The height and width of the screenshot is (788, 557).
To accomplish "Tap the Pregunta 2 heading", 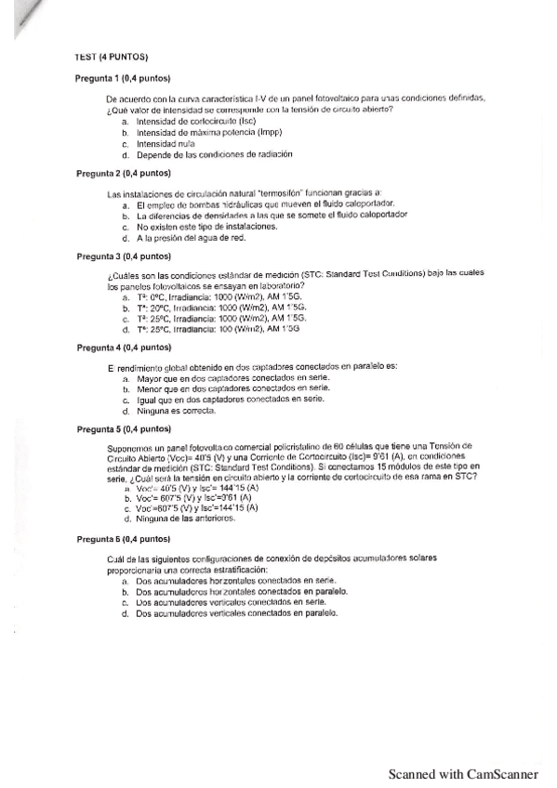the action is click(123, 173).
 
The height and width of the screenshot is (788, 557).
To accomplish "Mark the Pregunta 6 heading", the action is click(123, 539).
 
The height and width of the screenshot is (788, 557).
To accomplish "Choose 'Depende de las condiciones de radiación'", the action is click(214, 154).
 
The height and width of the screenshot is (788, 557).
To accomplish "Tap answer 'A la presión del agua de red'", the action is click(191, 238).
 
